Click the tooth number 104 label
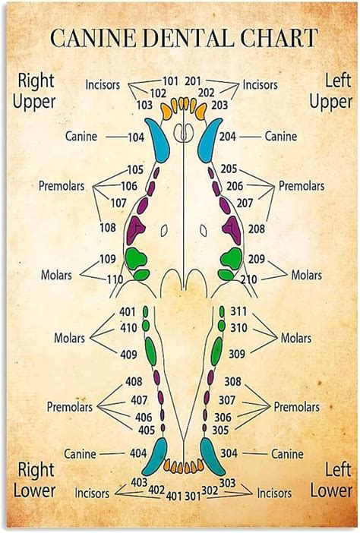pos(136,137)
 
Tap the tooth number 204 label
pos(228,137)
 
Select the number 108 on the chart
pos(108,227)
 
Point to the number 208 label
pos(257,228)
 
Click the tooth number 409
pos(128,354)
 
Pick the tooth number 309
pos(237,354)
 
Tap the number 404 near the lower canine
pos(137,453)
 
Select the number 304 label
pos(229,453)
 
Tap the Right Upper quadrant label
pos(35,90)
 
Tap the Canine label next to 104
pos(81,137)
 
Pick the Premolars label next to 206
pos(302,186)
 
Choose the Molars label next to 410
pos(68,337)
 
